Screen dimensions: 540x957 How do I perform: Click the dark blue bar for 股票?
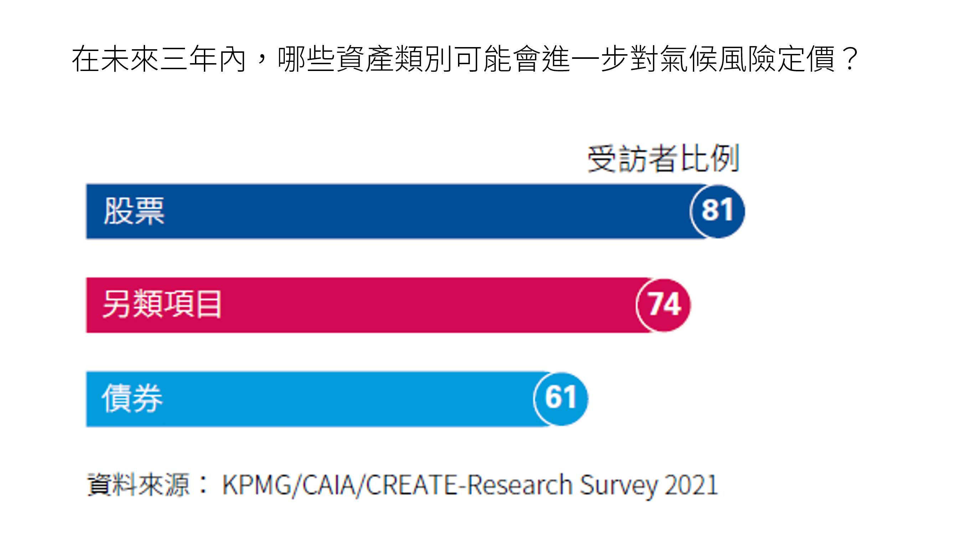(x=409, y=211)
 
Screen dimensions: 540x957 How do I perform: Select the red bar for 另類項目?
(x=409, y=305)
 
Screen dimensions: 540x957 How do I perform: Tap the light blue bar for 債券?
(x=334, y=399)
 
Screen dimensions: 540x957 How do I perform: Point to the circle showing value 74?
(x=664, y=305)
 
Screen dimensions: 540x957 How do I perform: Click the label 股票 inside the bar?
(x=134, y=211)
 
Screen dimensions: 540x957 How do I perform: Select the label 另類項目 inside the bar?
(x=162, y=305)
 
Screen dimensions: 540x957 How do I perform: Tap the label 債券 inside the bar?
(x=132, y=399)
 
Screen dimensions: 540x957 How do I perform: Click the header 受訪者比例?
(x=663, y=159)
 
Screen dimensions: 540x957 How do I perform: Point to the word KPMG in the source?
(x=256, y=485)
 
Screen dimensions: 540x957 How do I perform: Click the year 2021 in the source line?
(x=691, y=485)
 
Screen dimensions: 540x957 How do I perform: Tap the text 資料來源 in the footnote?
(x=138, y=485)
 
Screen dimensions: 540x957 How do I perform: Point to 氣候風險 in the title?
(x=719, y=59)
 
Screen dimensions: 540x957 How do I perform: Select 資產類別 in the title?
(x=395, y=59)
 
